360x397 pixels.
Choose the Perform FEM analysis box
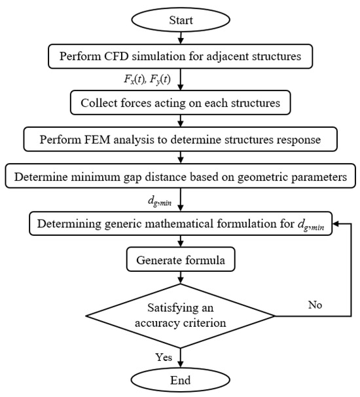click(179, 138)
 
